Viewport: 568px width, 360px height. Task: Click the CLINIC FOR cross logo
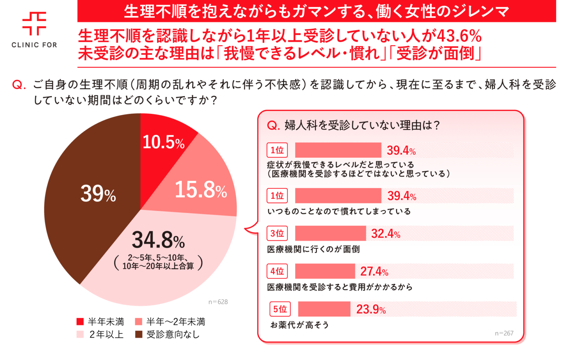(34, 23)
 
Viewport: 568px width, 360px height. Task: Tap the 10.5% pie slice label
(164, 142)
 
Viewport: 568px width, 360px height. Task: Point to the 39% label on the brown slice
(98, 194)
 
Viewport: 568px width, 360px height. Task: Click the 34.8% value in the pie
(158, 240)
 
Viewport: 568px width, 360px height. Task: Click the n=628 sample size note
(218, 302)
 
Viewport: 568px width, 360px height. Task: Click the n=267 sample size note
(504, 333)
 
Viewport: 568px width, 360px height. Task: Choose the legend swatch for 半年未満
(80, 322)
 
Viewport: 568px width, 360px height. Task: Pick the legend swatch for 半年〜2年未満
(139, 322)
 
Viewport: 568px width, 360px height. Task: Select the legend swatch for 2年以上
(80, 335)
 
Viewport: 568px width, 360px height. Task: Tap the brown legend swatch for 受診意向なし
(139, 335)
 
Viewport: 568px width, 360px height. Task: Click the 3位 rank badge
(277, 233)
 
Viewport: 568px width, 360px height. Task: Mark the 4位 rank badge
(277, 271)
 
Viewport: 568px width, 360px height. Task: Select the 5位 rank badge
(280, 309)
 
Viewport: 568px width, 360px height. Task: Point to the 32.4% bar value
(386, 234)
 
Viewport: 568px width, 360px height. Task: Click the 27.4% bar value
(374, 271)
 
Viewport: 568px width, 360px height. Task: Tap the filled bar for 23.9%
(324, 309)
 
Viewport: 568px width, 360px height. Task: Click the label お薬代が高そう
(300, 325)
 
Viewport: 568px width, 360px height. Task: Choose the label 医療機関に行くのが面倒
(313, 250)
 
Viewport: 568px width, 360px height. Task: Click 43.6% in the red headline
(459, 36)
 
